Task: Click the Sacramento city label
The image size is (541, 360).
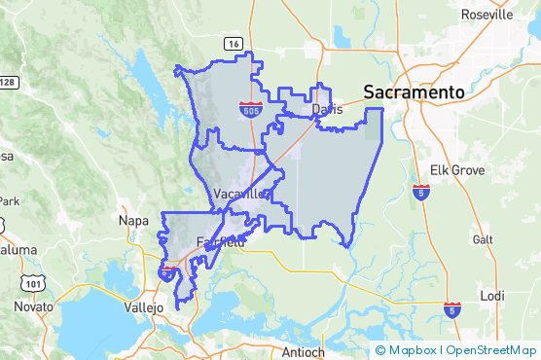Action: click(414, 91)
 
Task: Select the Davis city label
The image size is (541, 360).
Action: click(328, 109)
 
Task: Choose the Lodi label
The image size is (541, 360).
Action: click(492, 296)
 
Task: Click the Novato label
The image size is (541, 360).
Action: click(34, 306)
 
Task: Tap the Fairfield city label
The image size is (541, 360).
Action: click(220, 242)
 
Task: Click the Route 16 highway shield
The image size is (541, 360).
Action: click(233, 44)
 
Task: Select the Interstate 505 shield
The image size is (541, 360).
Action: click(251, 109)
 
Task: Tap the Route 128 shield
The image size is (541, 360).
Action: click(7, 82)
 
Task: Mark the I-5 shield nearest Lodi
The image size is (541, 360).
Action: click(451, 309)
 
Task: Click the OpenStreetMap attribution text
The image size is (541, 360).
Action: click(489, 350)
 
